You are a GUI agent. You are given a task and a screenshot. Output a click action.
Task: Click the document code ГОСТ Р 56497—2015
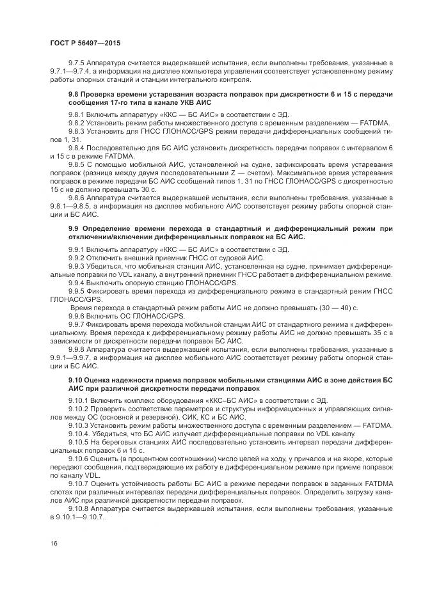point(84,43)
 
